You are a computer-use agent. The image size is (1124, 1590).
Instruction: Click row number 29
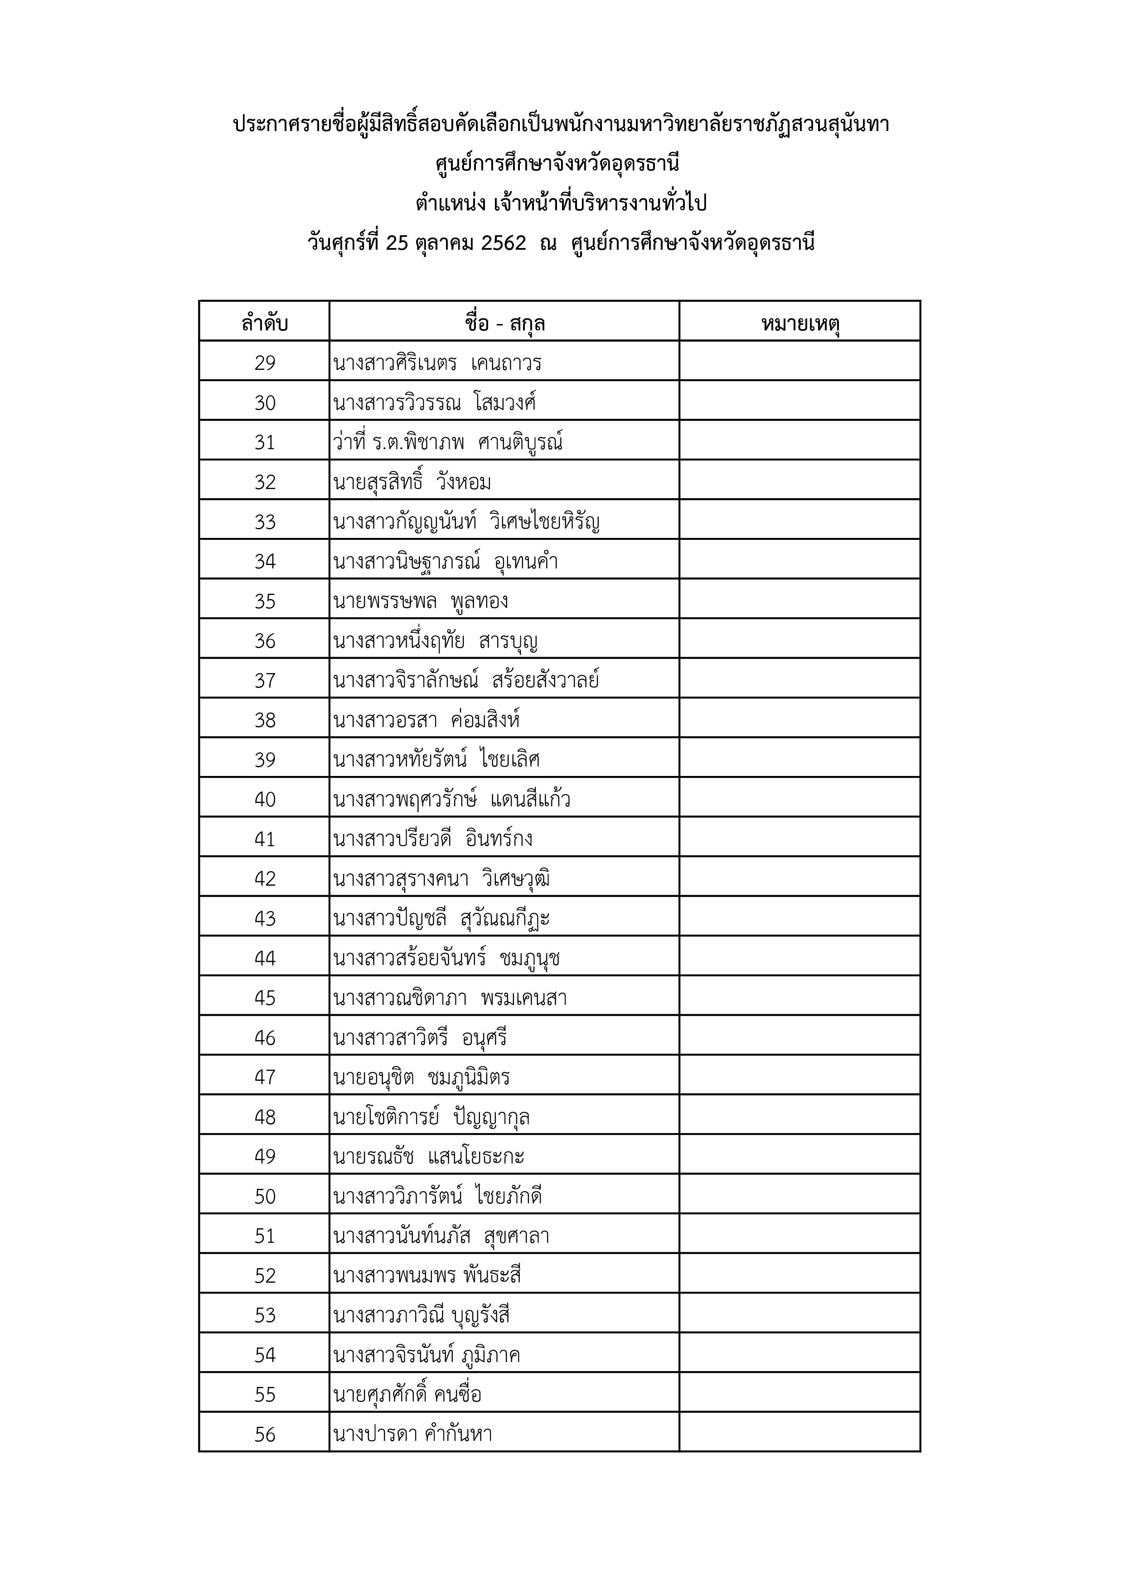(x=265, y=363)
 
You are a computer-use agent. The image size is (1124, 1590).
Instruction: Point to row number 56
(x=265, y=1434)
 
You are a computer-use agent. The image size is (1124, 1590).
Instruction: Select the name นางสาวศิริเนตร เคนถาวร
(x=437, y=363)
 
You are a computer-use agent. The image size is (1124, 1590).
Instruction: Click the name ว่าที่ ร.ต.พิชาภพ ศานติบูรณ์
(x=447, y=442)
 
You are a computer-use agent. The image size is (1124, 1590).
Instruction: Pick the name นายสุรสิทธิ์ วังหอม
(x=412, y=482)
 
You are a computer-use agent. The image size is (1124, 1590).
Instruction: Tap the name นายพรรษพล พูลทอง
(x=421, y=601)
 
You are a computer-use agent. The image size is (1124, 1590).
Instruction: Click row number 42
(x=265, y=879)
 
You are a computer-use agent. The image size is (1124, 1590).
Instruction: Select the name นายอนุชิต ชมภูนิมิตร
(x=421, y=1077)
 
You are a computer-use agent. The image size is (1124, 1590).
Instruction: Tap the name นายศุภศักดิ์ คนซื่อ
(x=407, y=1395)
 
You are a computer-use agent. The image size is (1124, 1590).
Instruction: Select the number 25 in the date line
(x=397, y=243)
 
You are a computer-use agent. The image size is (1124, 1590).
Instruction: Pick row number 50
(x=265, y=1197)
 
